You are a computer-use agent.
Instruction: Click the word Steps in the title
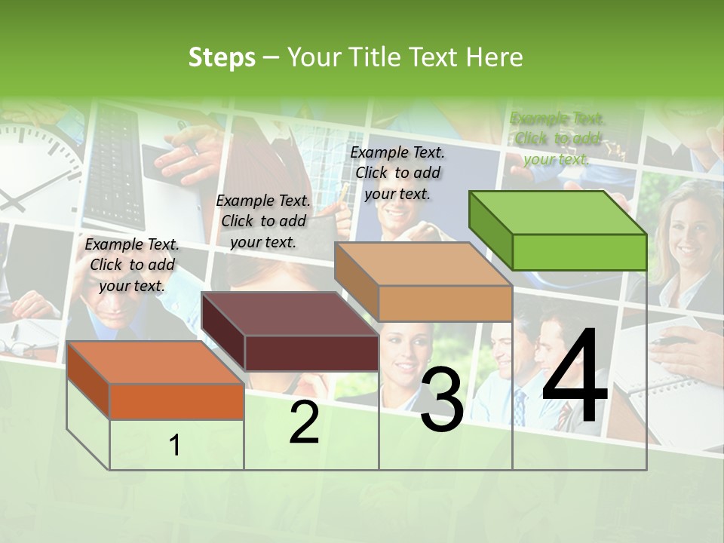[222, 57]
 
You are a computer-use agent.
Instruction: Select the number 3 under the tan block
[441, 402]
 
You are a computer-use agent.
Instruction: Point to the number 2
[304, 422]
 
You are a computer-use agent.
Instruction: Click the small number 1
[175, 446]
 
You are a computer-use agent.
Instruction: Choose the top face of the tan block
[422, 264]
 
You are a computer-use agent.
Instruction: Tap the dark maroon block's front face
[311, 353]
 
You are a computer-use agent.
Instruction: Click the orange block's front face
[176, 401]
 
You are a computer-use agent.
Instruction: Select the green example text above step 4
[557, 138]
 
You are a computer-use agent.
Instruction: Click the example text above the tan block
[397, 173]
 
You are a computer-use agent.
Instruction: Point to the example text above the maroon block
[263, 221]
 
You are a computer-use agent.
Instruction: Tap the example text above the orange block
[132, 265]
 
